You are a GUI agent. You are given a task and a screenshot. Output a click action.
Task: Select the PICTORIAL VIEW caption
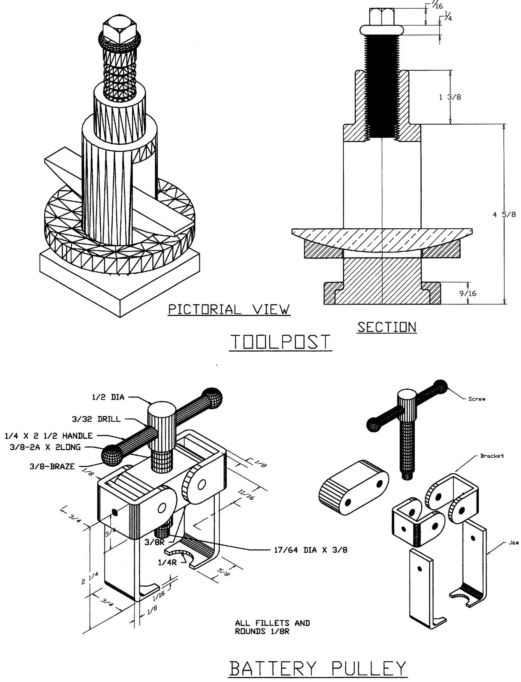pyautogui.click(x=229, y=310)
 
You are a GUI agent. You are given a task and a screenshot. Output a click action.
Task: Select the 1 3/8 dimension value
pyautogui.click(x=450, y=97)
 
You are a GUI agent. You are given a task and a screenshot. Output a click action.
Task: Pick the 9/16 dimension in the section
pyautogui.click(x=468, y=293)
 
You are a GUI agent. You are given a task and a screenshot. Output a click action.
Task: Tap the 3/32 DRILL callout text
pyautogui.click(x=94, y=419)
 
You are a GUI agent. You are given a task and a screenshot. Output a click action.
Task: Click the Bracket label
pyautogui.click(x=493, y=456)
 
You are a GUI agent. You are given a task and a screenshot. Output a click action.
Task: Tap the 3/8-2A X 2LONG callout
pyautogui.click(x=45, y=447)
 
